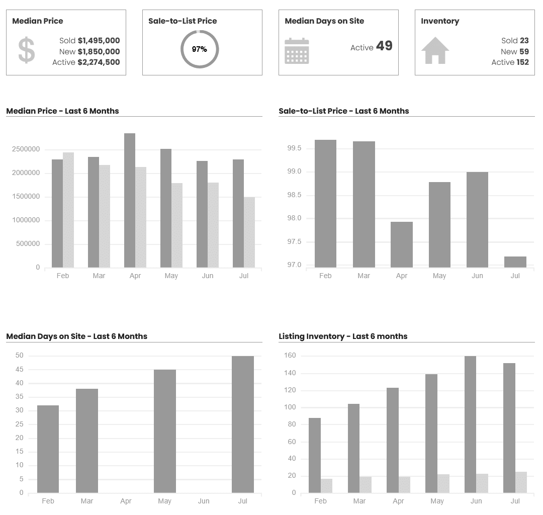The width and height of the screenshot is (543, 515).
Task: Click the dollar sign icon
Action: [x=26, y=50]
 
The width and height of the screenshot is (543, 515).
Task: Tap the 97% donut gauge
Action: [x=200, y=49]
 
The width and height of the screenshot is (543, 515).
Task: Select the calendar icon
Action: [x=297, y=51]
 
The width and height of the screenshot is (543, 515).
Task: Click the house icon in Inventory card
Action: [x=435, y=50]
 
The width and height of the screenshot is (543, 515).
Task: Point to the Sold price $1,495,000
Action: [x=99, y=41]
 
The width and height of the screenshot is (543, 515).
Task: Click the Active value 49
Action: [x=384, y=46]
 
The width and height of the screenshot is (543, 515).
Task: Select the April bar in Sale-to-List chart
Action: [x=401, y=244]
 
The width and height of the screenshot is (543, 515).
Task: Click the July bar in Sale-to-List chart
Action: [x=515, y=262]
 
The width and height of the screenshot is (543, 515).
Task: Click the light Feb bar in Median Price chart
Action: [x=68, y=210]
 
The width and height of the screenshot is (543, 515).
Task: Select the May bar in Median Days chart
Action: [x=165, y=431]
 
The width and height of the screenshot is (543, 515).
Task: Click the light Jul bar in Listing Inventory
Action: [x=521, y=482]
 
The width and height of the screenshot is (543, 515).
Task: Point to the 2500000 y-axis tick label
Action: [x=27, y=149]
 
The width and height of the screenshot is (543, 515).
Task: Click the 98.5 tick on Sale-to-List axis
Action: [x=294, y=195]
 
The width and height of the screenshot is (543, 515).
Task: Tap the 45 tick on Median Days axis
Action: [x=20, y=370]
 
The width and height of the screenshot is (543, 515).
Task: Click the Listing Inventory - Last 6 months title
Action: [x=343, y=336]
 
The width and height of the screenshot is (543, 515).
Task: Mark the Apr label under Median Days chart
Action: [x=126, y=501]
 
